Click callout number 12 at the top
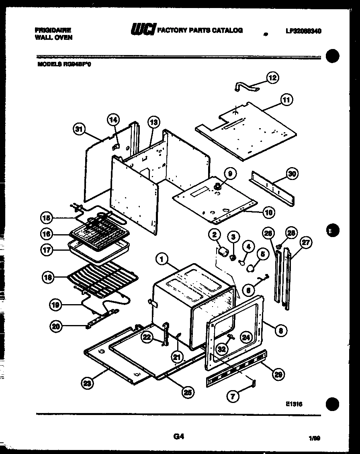point(273,78)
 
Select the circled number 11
point(286,100)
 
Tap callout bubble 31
point(80,129)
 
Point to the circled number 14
point(114,120)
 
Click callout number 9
point(230,174)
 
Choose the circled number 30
point(292,174)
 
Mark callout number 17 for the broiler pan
point(47,249)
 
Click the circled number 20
point(56,327)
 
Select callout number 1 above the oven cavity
point(163,260)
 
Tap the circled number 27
point(306,243)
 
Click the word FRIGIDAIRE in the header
point(53,30)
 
